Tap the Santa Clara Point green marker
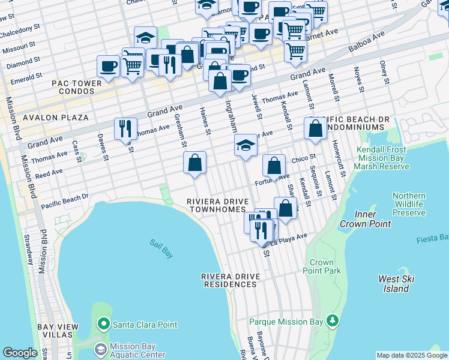[104, 325]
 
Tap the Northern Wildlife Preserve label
[409, 204]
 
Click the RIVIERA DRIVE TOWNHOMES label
[216, 205]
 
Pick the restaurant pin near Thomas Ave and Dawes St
[125, 129]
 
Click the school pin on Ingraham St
[245, 146]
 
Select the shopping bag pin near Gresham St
[194, 163]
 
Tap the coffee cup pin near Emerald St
[109, 67]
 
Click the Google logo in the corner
[20, 353]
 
